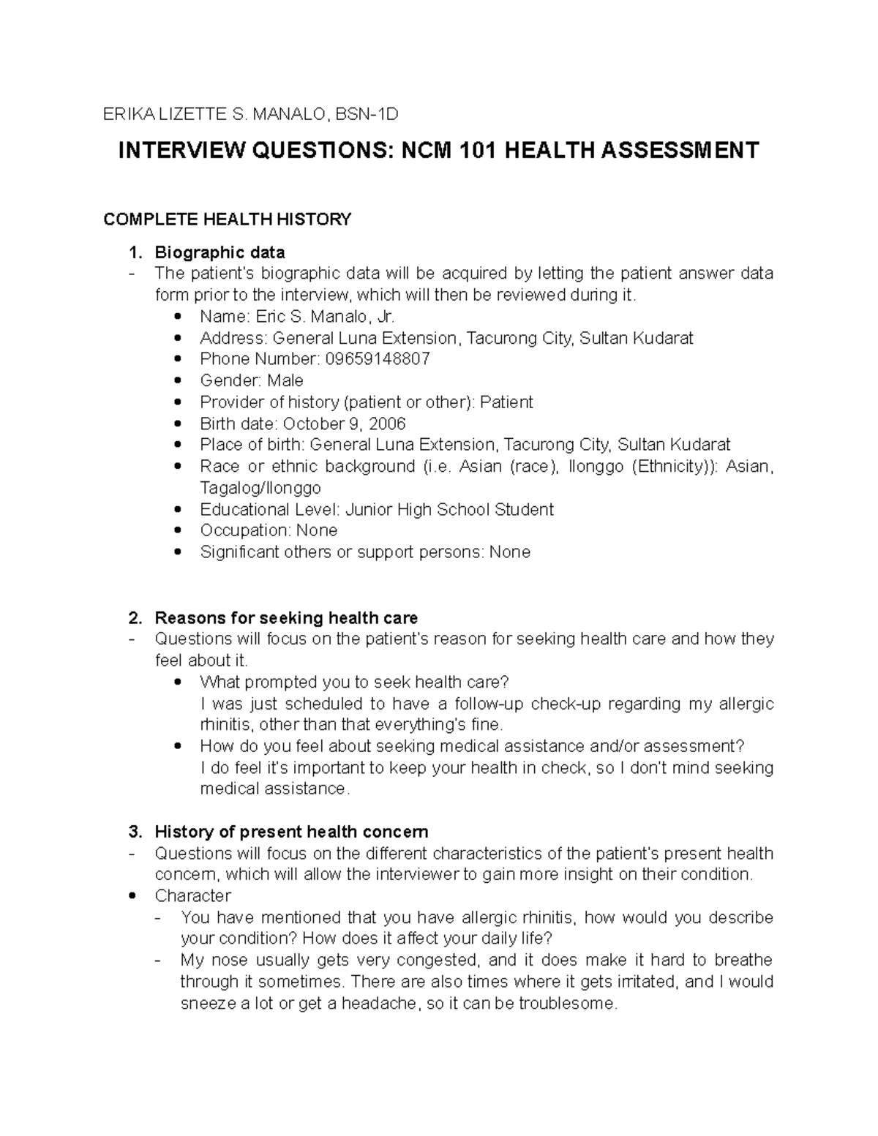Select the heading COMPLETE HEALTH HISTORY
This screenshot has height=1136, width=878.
[228, 219]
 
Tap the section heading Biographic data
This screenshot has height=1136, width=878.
[219, 253]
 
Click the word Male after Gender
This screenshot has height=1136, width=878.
[285, 380]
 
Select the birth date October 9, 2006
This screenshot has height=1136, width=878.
[344, 424]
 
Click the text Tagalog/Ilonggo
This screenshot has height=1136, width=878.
[260, 488]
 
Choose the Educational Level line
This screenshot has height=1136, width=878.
[376, 509]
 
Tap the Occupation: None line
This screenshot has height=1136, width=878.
[269, 530]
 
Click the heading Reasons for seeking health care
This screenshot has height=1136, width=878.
[286, 618]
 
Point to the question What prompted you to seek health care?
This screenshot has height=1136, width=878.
[353, 682]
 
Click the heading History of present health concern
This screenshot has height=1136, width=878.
[291, 832]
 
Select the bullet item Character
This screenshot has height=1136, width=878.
[192, 896]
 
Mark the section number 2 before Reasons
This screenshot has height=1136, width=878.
[133, 618]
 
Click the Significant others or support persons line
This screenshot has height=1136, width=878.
[364, 552]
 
